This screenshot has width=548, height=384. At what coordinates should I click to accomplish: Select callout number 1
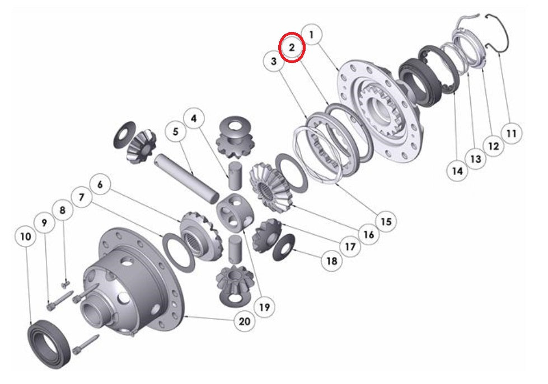click(x=312, y=35)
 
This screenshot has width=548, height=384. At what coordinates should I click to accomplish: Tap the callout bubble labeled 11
click(x=510, y=134)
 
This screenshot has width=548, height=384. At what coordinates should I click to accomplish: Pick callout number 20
click(x=245, y=321)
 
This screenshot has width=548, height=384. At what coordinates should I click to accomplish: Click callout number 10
click(x=25, y=236)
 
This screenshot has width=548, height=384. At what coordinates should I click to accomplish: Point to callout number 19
click(x=264, y=307)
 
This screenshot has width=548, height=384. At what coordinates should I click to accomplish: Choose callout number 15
click(x=386, y=221)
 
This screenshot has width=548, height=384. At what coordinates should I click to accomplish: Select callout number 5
click(x=176, y=132)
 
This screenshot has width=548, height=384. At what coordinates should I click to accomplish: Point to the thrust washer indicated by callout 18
click(x=284, y=247)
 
